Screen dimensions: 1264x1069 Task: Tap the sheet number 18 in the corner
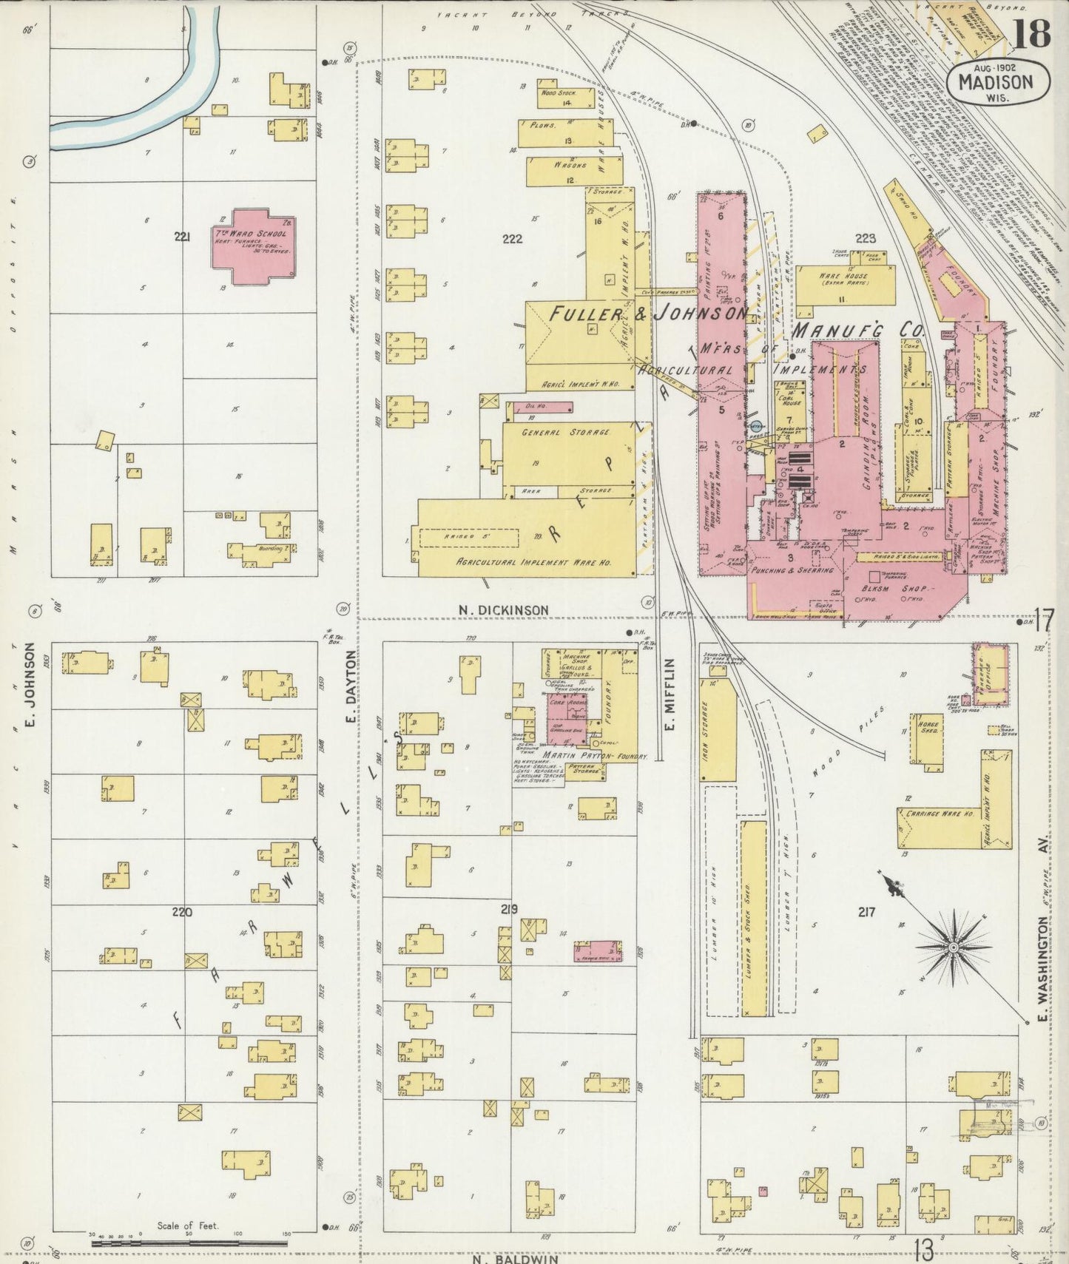pos(1031,33)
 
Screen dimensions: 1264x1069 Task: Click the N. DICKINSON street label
pos(503,610)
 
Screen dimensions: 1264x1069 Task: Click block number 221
pos(182,237)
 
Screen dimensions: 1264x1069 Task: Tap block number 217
pos(866,912)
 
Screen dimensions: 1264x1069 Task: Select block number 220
pos(182,912)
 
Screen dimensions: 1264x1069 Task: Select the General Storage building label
pos(568,432)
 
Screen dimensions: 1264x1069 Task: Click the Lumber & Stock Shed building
pos(754,917)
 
